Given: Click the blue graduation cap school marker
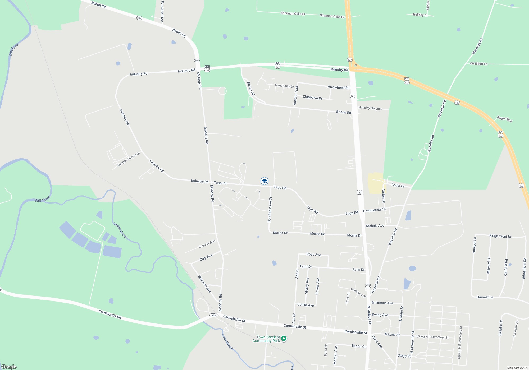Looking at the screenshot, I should point(264,181).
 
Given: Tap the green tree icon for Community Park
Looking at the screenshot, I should point(284,338).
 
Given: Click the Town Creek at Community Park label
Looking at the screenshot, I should point(266,339).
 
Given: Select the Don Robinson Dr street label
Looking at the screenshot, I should point(270,210).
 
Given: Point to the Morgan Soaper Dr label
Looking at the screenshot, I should point(129,159).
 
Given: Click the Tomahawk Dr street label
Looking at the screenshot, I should point(284,86).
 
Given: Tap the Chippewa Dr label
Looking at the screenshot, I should point(312,98).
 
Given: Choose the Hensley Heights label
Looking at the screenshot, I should point(370,108).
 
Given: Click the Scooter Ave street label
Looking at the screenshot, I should point(207,244).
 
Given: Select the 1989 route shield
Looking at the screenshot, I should point(213,315).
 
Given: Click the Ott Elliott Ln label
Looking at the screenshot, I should point(478,64).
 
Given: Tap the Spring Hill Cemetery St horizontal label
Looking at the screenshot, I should point(432,337).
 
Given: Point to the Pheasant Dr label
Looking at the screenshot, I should point(358,293).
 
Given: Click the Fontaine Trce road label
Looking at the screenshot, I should point(162,11).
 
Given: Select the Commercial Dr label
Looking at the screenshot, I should point(374,210).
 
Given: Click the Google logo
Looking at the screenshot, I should point(9,367).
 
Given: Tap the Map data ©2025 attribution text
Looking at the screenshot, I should point(517,368).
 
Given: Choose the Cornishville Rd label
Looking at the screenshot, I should point(110,314).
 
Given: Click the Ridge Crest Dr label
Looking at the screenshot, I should point(500,236).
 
